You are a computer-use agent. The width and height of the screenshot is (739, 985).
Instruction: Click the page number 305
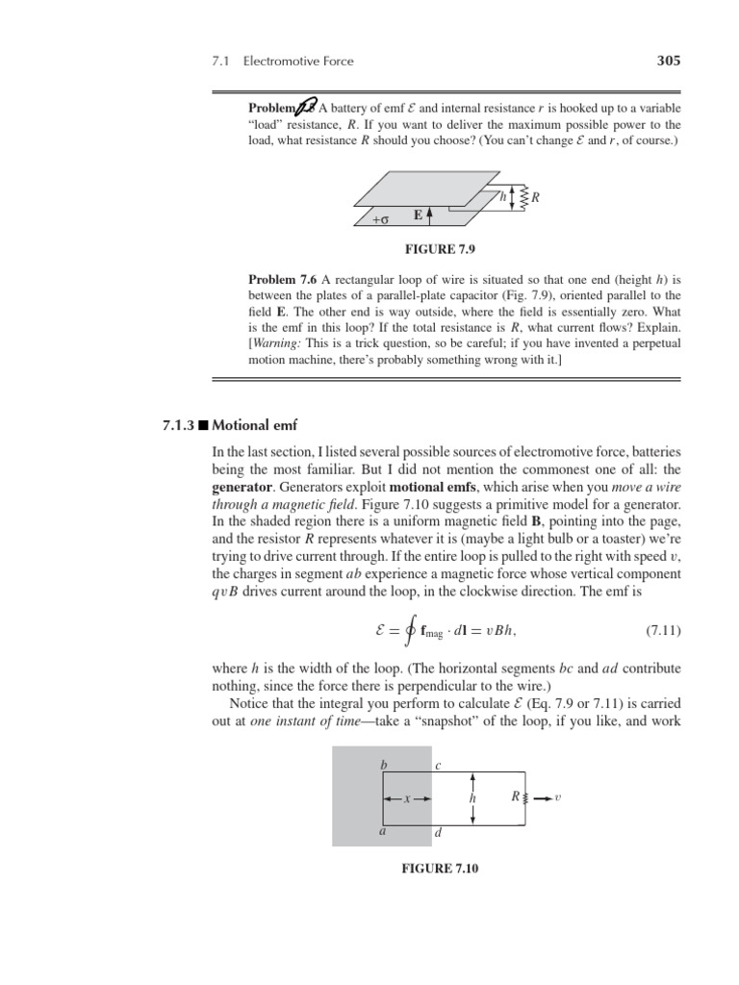coord(668,61)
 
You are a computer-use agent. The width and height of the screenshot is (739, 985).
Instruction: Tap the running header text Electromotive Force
coord(298,62)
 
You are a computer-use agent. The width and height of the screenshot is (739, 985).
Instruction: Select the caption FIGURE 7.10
coord(440,869)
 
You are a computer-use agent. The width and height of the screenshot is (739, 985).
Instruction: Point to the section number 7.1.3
coord(180,424)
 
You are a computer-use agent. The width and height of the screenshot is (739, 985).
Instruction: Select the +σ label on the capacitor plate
coord(379,220)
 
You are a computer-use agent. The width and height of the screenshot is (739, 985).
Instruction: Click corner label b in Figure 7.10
coord(384,765)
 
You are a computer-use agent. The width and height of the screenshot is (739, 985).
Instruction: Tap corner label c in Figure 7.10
coord(438,766)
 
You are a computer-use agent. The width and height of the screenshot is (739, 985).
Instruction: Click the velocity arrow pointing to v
coord(544,797)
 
